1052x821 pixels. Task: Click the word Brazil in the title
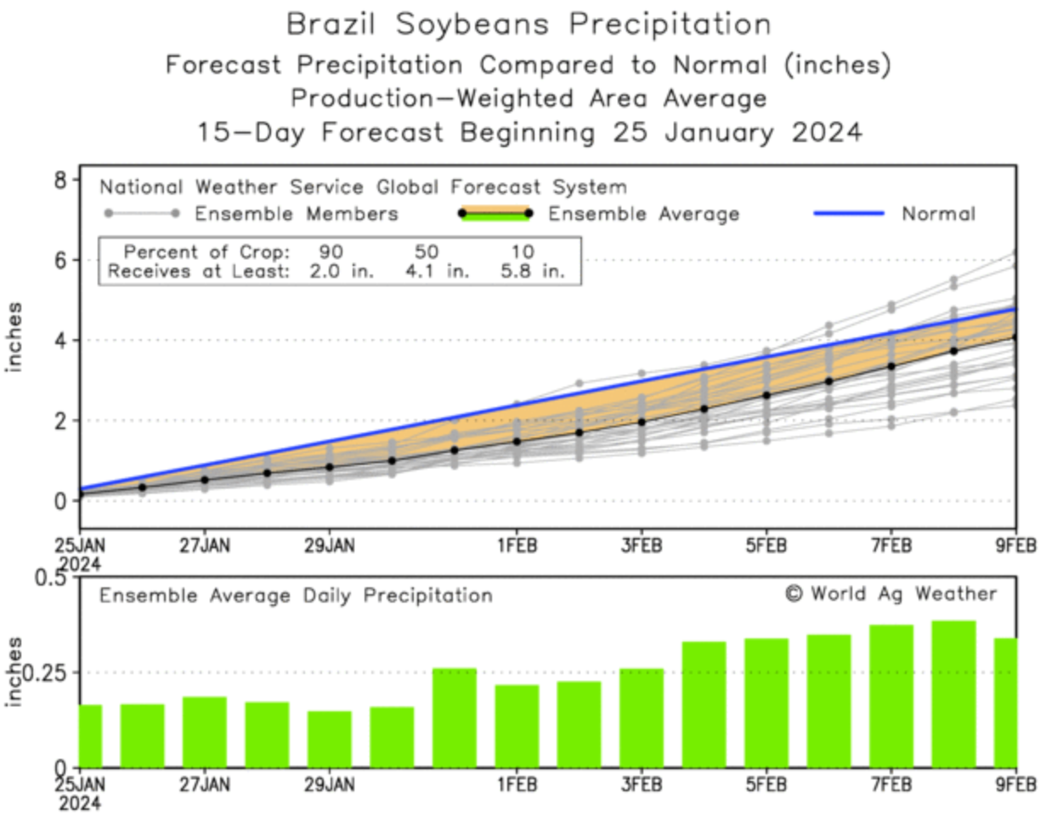(331, 24)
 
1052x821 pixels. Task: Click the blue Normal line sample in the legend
(848, 213)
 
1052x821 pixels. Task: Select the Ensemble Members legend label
(296, 214)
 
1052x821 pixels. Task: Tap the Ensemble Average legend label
(643, 214)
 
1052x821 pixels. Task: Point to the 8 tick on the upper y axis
(60, 180)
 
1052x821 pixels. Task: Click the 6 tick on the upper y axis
(60, 260)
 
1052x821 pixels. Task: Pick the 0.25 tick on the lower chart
(49, 673)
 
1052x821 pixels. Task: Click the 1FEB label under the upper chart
(517, 546)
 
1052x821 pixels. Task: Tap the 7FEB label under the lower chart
(891, 784)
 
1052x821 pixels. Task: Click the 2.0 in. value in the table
(341, 272)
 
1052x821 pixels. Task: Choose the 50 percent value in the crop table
(426, 252)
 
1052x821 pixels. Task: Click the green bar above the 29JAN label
(329, 739)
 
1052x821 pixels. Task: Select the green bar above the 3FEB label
(642, 717)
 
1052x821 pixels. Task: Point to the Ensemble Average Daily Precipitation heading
(296, 596)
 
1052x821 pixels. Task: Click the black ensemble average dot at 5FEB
(766, 395)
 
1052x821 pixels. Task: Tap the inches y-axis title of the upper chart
(14, 337)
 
